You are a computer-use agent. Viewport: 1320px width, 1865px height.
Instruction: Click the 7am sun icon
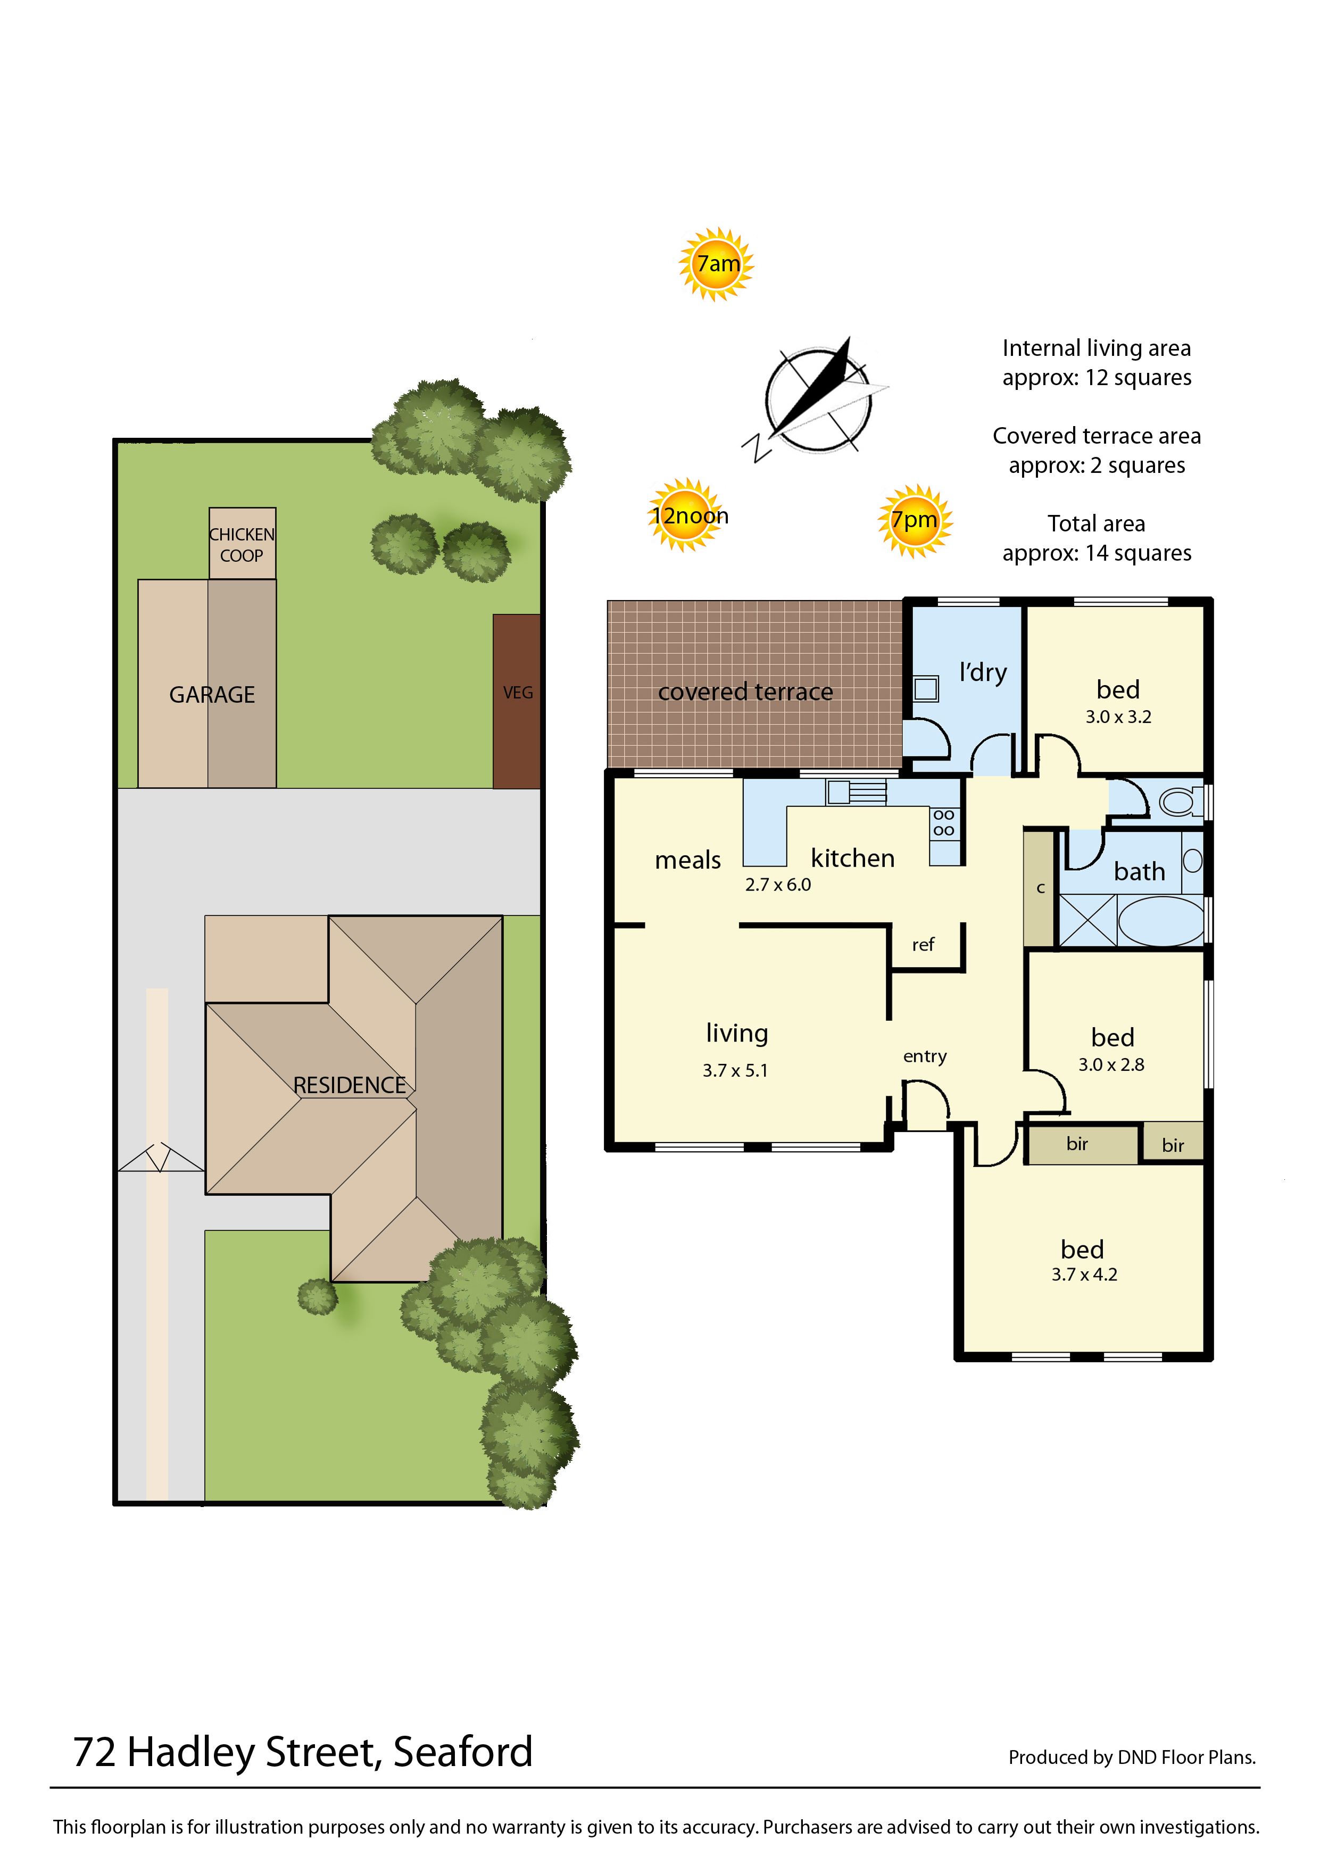[716, 264]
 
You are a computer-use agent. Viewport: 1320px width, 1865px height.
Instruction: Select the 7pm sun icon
[915, 521]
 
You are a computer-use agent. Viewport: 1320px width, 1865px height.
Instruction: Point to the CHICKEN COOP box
[242, 544]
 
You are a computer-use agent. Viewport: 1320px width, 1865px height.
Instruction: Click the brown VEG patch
[517, 701]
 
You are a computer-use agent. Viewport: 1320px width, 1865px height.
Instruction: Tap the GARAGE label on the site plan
[212, 695]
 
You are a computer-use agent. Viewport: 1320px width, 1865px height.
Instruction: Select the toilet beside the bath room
[1180, 802]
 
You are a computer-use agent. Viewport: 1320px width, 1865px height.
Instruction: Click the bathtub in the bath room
[1161, 921]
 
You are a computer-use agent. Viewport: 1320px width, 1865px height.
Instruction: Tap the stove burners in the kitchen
[944, 822]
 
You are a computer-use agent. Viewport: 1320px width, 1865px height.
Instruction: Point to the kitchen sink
[856, 792]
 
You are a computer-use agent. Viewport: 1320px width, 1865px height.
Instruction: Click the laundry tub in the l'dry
[926, 689]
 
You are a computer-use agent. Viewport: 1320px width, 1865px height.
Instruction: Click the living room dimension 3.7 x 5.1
[735, 1070]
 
